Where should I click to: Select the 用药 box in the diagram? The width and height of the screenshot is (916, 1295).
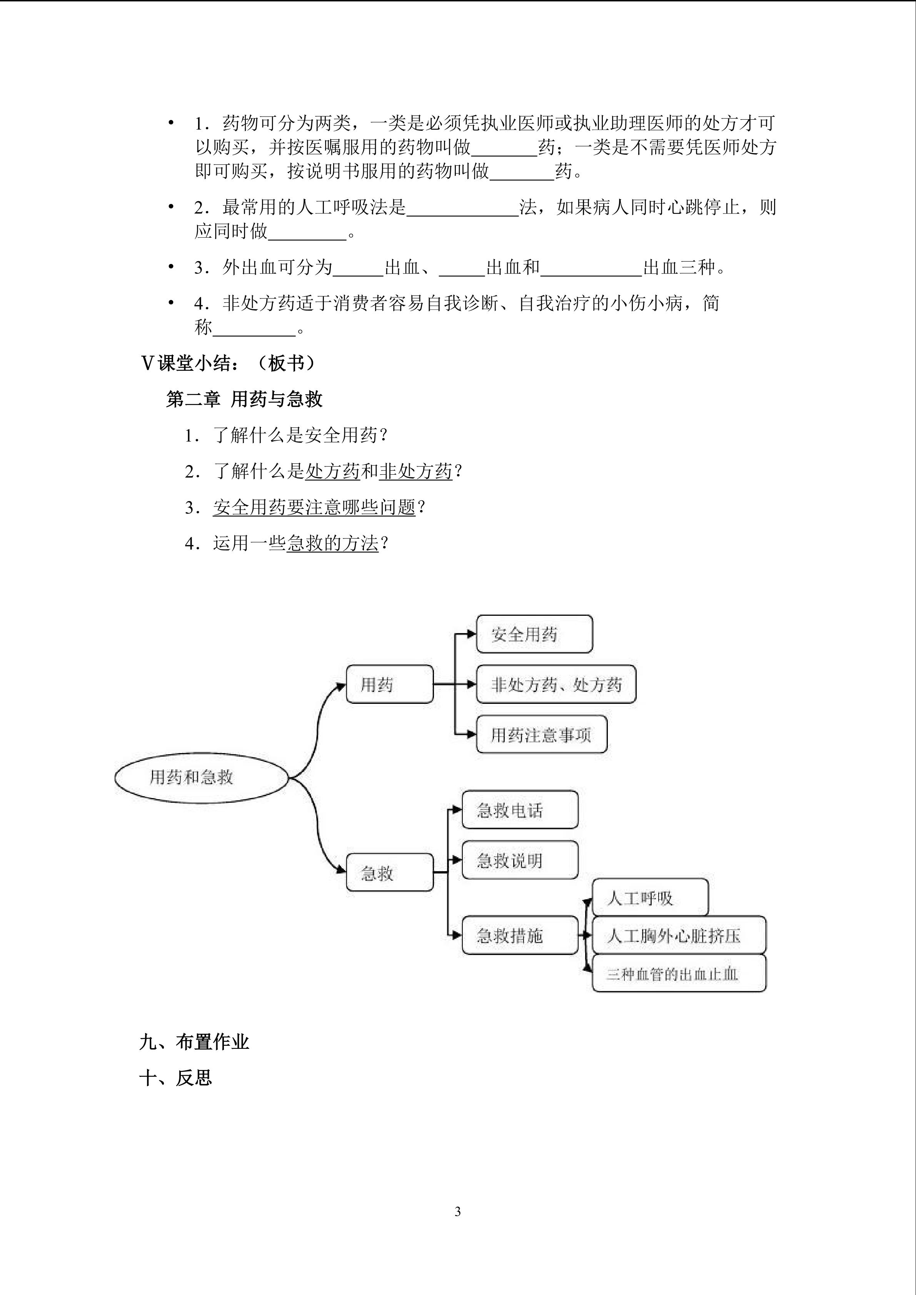click(389, 685)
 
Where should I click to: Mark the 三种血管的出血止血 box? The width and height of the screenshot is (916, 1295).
click(679, 974)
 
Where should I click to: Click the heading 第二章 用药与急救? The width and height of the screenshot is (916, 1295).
click(244, 399)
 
